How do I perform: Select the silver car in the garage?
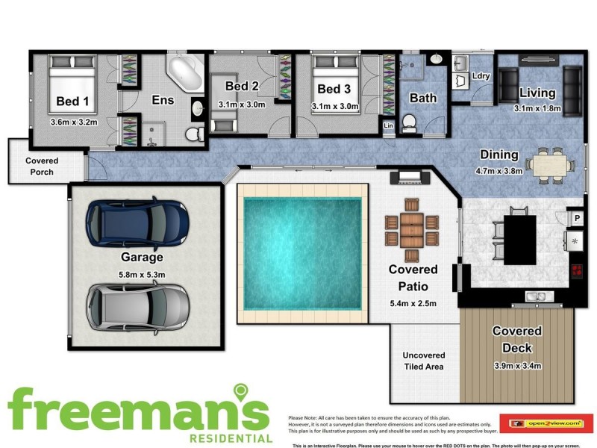coord(138,305)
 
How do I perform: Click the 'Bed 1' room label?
coord(72,102)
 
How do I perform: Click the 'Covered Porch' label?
coord(42,167)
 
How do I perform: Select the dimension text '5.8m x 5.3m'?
coord(142,275)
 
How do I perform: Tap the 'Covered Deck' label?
coord(517,340)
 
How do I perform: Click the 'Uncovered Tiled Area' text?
coord(423,361)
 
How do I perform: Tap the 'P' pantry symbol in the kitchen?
coord(576,218)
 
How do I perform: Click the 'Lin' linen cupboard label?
coord(388,125)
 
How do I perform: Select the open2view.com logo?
coord(546,423)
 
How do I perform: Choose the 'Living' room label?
coord(537,93)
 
